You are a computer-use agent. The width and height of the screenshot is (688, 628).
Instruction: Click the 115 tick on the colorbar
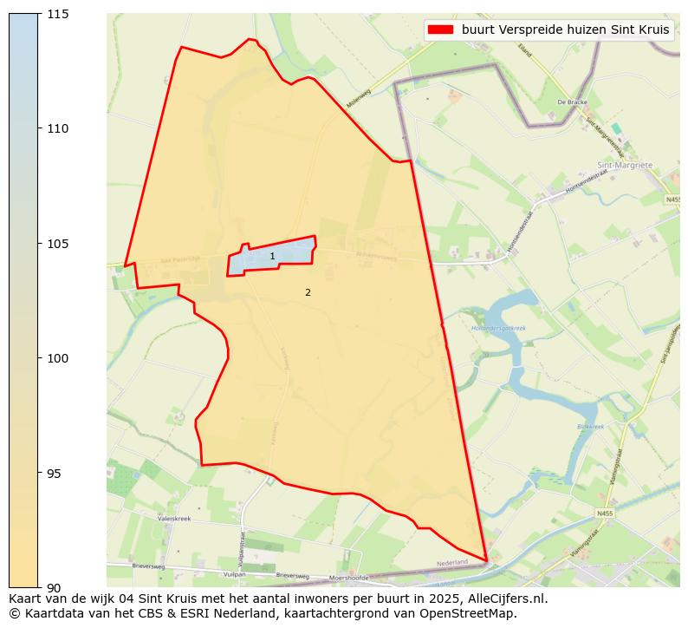tap(58, 14)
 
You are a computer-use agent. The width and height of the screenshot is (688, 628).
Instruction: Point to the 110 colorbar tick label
tap(58, 128)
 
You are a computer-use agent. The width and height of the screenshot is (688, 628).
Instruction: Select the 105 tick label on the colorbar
tap(58, 244)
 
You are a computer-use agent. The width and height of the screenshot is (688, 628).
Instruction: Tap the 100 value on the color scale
tap(58, 358)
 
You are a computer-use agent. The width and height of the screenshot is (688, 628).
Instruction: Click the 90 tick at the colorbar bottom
tap(55, 587)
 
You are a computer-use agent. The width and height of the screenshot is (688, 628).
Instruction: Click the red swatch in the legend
tap(440, 29)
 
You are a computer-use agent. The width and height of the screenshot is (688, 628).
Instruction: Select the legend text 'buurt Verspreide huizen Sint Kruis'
tap(566, 29)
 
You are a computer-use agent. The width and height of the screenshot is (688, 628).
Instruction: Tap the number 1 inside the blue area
tap(272, 257)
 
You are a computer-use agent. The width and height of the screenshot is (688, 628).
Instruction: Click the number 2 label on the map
tap(308, 293)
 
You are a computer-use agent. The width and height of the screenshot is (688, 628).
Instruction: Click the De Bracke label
tap(572, 102)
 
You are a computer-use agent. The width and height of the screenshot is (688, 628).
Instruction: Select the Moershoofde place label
tap(349, 578)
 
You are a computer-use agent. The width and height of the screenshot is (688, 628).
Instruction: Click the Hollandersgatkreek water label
tap(498, 329)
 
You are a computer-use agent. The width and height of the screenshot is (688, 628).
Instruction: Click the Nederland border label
tap(452, 563)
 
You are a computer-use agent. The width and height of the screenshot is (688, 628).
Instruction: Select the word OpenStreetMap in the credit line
tap(475, 613)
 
